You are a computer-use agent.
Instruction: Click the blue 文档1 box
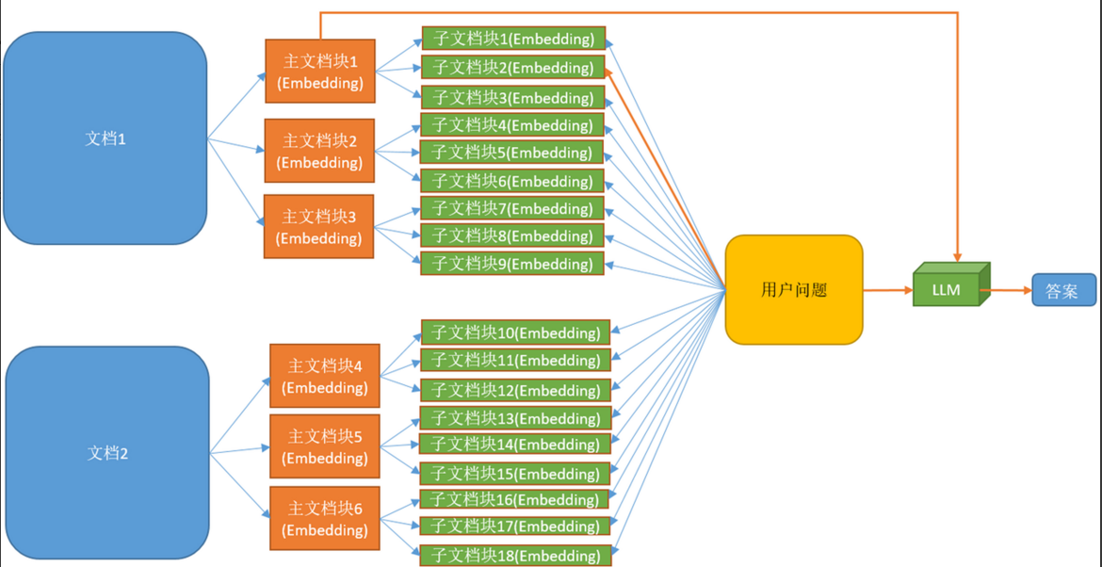coord(105,138)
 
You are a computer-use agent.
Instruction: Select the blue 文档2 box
coord(107,453)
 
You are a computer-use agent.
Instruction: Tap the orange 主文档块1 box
coord(320,72)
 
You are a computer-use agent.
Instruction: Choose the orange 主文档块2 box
coord(319,151)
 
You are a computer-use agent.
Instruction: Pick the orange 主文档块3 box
coord(319,227)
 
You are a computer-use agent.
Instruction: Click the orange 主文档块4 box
coord(325,376)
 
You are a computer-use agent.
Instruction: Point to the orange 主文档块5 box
coord(325,446)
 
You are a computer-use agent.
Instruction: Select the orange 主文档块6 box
coord(325,519)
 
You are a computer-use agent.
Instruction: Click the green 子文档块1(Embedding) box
coord(513,39)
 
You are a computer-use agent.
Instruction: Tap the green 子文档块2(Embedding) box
coord(513,68)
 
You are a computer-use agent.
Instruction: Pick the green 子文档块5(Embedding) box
coord(512,153)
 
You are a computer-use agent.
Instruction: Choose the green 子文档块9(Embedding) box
coord(512,264)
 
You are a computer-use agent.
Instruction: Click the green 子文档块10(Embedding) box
coord(515,332)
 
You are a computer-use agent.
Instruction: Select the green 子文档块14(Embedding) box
coord(515,444)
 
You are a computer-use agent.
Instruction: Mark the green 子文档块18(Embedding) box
coord(515,555)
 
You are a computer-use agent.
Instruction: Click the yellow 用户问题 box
coord(794,290)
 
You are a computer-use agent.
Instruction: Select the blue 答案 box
coord(1063,290)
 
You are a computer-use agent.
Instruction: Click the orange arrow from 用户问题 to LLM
coord(888,290)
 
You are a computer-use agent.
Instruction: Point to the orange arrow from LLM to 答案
coord(1008,290)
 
